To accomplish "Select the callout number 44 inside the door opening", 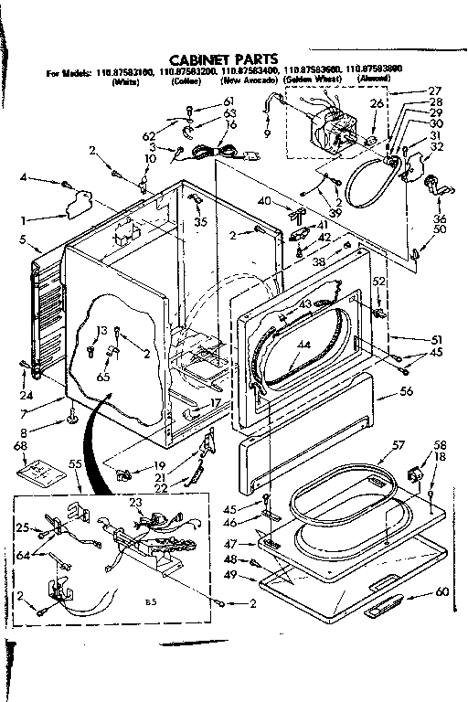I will point(304,345).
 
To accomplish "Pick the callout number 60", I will point(442,592).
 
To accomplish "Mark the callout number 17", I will point(216,403).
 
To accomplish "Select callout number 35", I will point(199,221).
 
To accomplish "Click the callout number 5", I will point(22,240).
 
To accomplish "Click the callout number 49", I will point(230,574).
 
